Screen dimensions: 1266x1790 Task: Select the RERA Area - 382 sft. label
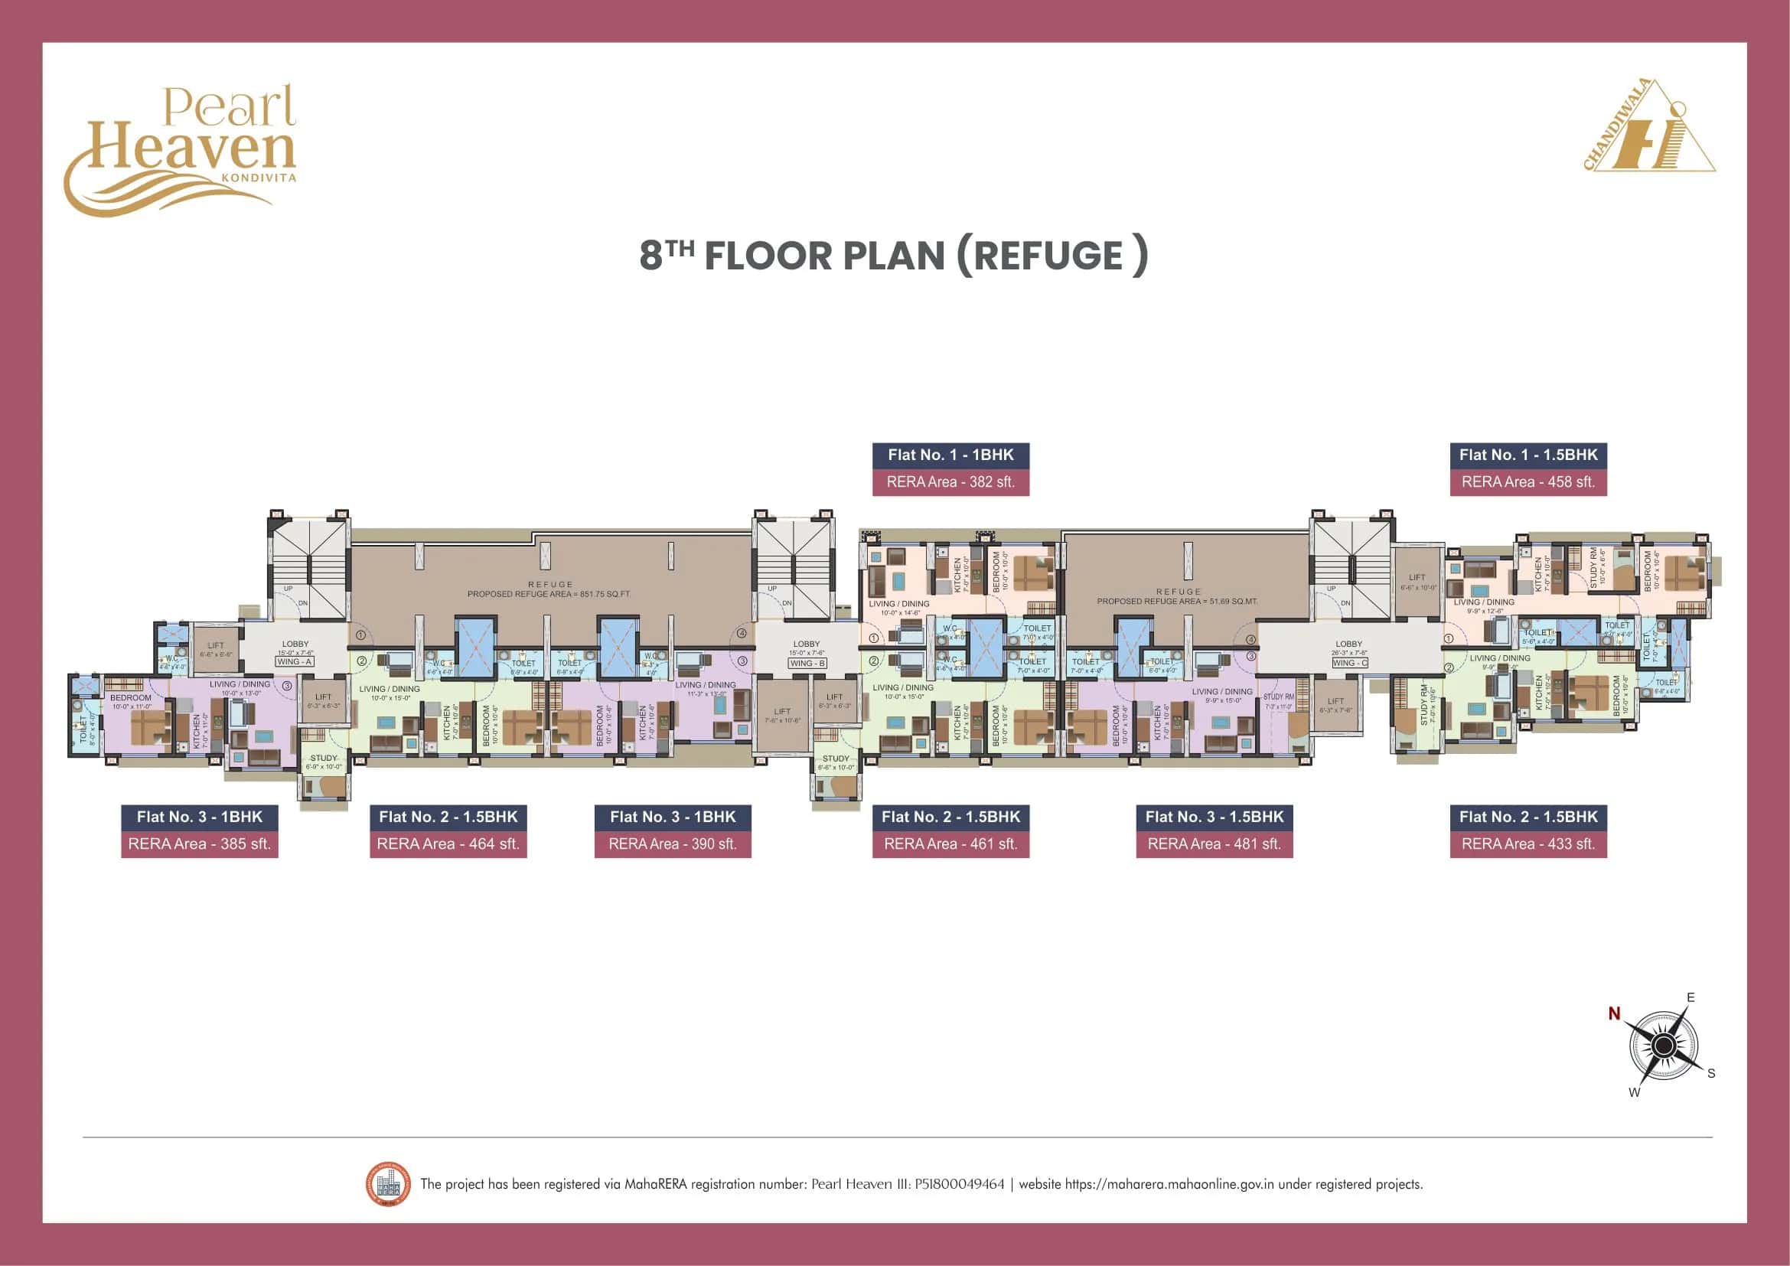[x=950, y=481]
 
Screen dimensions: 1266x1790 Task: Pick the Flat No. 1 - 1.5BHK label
[x=1528, y=455]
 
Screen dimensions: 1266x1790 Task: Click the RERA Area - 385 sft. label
[x=200, y=844]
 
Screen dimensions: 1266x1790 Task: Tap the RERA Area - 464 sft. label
[x=448, y=844]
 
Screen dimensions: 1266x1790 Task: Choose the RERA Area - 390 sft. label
[x=673, y=844]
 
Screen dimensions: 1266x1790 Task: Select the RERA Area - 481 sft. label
[x=1214, y=844]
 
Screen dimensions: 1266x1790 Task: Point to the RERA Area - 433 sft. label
[x=1528, y=844]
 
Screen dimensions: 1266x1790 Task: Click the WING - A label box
[x=295, y=662]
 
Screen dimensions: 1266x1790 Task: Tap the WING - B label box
[x=807, y=664]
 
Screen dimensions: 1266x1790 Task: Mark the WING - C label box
[x=1349, y=664]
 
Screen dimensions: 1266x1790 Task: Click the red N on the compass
[x=1614, y=1013]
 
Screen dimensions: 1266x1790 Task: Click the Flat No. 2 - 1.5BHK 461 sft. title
[x=950, y=817]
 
